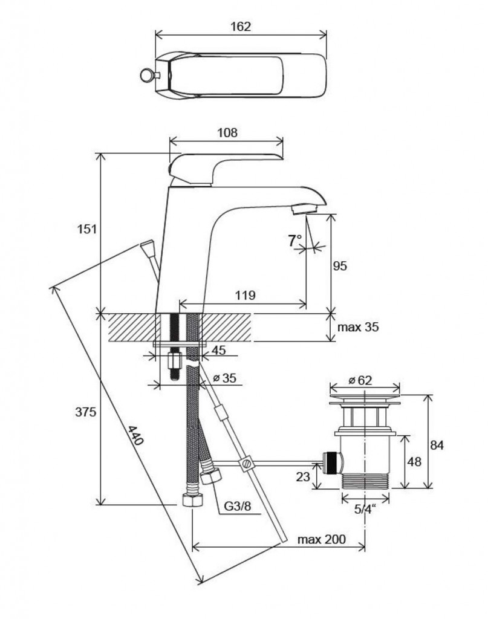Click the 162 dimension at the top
coord(241,27)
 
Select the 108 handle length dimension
coord(227,132)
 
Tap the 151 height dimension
coord(87,228)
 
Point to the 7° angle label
coord(294,241)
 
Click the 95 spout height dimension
coord(340,266)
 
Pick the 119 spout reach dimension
coord(246,295)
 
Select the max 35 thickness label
coord(358,327)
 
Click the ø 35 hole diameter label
coord(224,378)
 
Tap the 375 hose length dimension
coord(86,412)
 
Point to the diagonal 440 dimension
coord(135,435)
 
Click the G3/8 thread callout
coord(237,506)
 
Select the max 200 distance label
coord(321,539)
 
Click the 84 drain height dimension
coord(437,445)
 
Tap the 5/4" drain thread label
coord(365,509)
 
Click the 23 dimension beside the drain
coord(303,476)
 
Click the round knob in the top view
coord(146,74)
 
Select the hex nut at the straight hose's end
coord(192,501)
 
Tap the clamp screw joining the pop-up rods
coord(246,462)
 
